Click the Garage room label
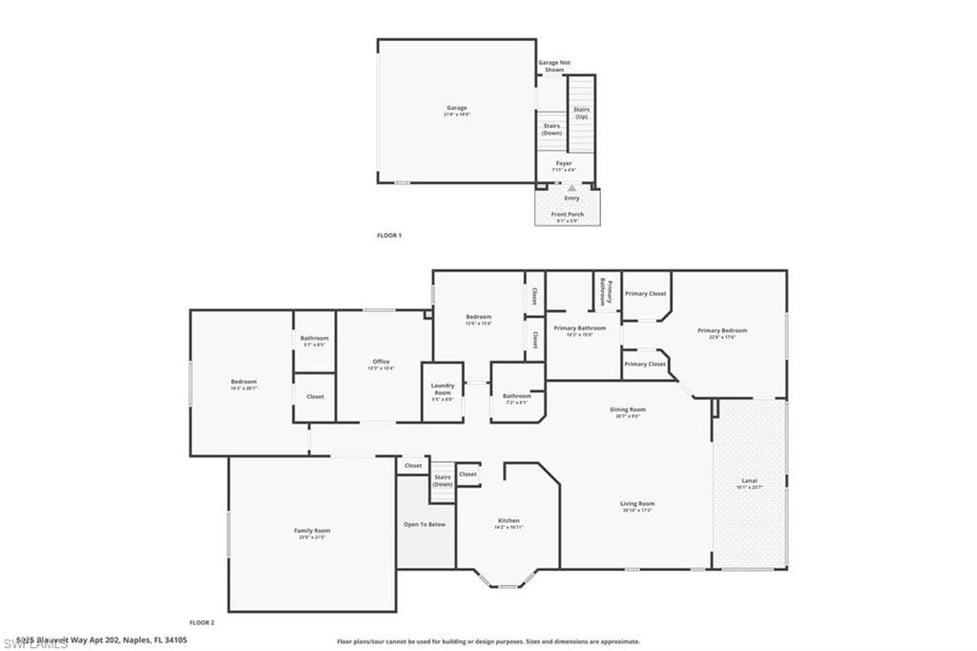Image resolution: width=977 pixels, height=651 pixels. [456, 109]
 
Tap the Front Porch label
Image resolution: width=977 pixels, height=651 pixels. [568, 215]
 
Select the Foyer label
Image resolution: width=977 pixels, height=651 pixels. [565, 164]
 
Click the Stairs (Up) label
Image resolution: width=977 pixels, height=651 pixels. [581, 113]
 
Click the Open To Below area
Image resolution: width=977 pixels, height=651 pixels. [426, 524]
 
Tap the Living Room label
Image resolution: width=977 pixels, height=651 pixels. [637, 505]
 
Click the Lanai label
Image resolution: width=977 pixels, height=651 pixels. [750, 482]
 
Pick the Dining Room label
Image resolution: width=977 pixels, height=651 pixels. [629, 411]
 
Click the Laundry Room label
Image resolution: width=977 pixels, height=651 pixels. [443, 389]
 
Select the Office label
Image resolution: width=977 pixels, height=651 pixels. [381, 363]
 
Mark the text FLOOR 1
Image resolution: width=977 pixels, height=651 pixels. [388, 235]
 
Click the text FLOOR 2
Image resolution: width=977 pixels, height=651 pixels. [201, 622]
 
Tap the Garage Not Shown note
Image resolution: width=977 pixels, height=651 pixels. [554, 66]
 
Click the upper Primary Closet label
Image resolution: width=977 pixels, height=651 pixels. [645, 294]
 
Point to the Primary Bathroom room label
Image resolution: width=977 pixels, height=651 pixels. [579, 329]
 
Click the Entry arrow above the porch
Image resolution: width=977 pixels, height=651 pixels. [572, 189]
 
